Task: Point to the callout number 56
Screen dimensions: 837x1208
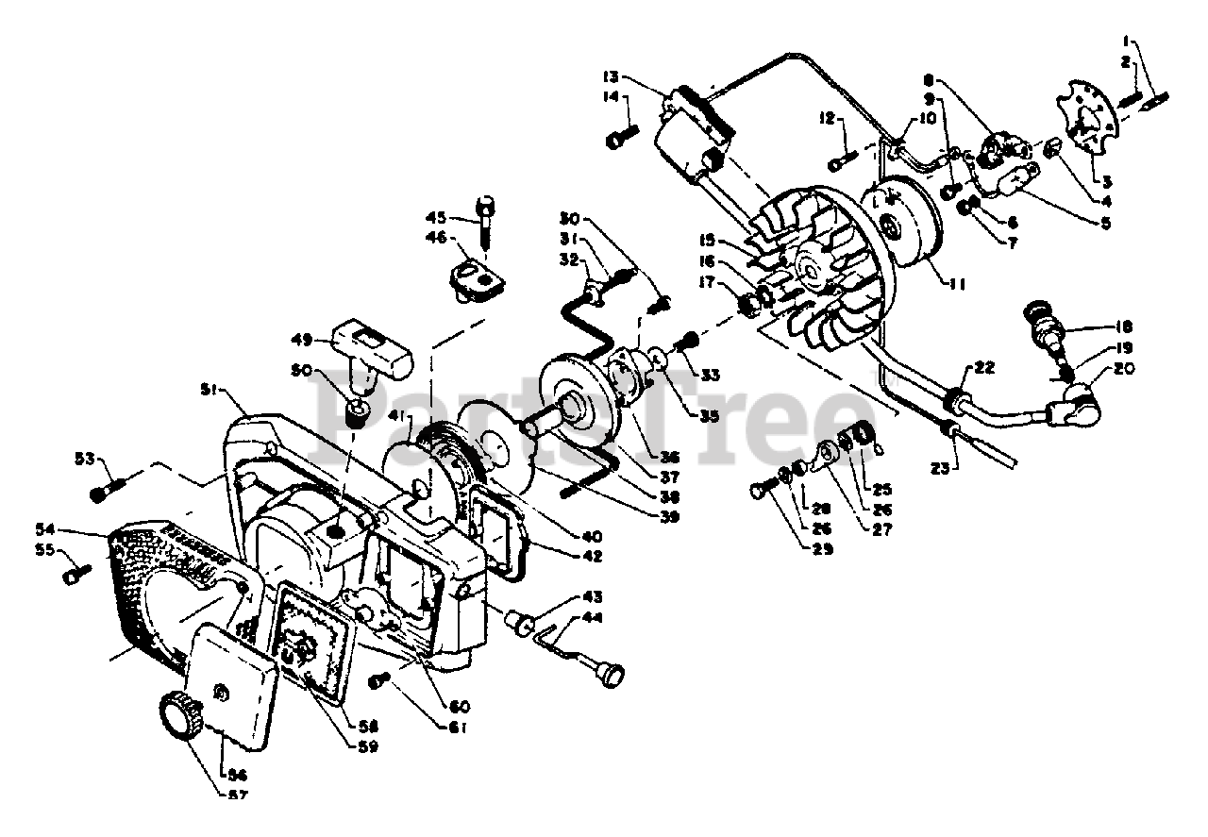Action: [228, 773]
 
